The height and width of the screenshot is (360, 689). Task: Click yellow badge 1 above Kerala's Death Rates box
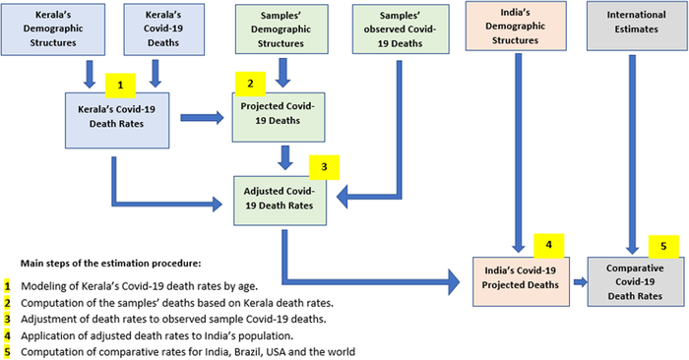118,85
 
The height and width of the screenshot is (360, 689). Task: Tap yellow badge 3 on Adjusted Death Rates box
324,168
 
